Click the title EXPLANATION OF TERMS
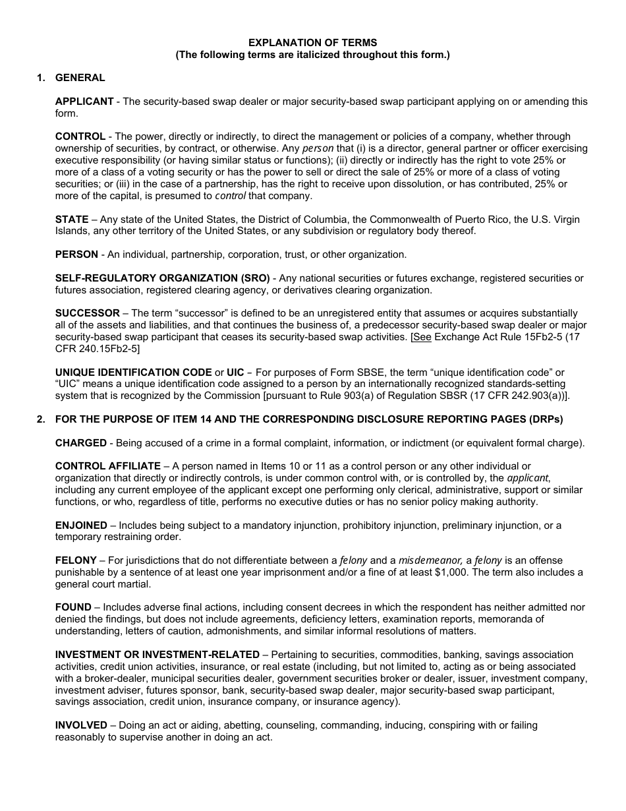pos(312,42)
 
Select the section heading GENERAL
pos(80,78)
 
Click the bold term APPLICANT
pos(84,102)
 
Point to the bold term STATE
pos(72,220)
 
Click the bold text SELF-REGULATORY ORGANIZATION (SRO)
pos(162,278)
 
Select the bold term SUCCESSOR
pos(88,313)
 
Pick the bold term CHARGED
pos(81,443)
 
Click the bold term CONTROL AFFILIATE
pos(108,467)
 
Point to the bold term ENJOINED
pos(81,526)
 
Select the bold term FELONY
pos(76,560)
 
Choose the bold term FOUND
pos(73,607)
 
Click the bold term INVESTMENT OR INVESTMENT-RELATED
pos(157,655)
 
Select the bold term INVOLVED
pos(81,725)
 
